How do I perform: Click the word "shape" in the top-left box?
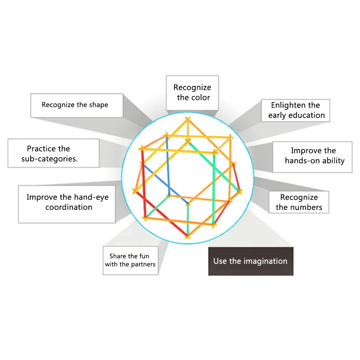pyautogui.click(x=98, y=105)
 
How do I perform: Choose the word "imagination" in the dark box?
pyautogui.click(x=265, y=261)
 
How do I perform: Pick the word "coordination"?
pyautogui.click(x=69, y=207)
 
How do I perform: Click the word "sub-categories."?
pyautogui.click(x=49, y=159)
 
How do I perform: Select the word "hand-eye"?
pyautogui.click(x=91, y=197)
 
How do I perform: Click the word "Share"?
pyautogui.click(x=118, y=256)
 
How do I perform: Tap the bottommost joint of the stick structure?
pyautogui.click(x=187, y=236)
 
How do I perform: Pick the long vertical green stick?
pyautogui.click(x=214, y=187)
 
